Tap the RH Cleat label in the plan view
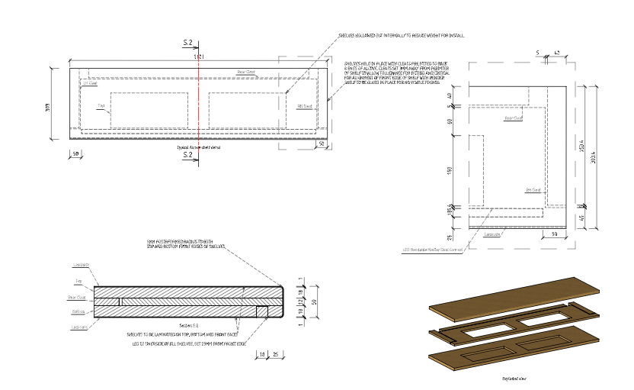(x=305, y=106)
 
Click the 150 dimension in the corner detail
(x=449, y=169)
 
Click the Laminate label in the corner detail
(x=493, y=234)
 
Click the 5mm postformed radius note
(x=187, y=247)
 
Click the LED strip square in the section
(x=262, y=312)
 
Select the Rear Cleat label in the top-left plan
(x=245, y=72)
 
